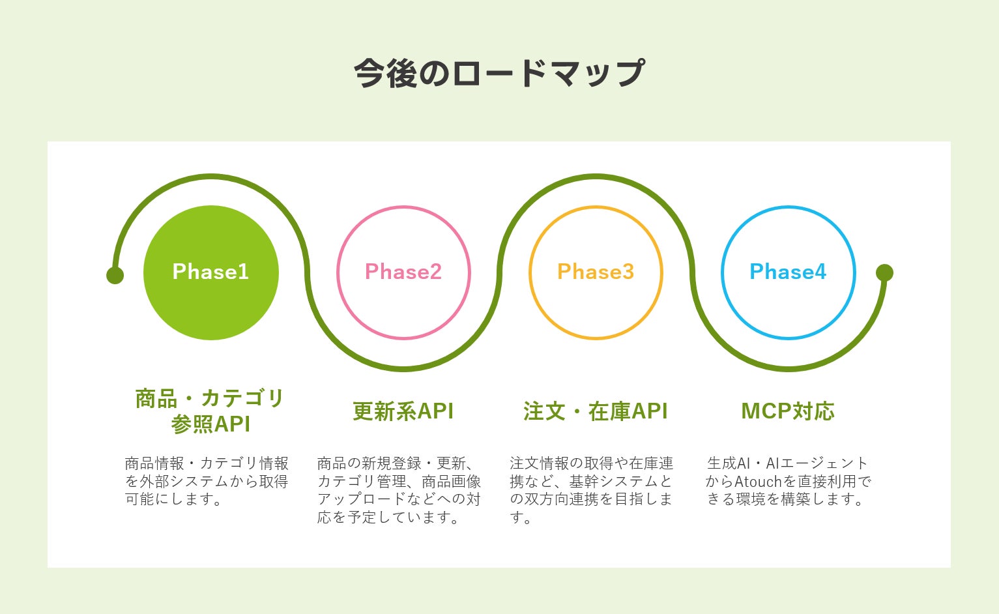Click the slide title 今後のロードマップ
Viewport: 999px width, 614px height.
(x=499, y=73)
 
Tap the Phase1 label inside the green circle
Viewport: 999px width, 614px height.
(x=210, y=271)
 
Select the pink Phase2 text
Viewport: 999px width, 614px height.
(x=403, y=271)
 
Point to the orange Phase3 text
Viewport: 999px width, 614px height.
(x=596, y=271)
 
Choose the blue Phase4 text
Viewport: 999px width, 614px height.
(x=788, y=271)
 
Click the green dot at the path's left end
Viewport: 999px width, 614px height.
(x=115, y=275)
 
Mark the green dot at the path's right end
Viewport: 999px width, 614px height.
(x=884, y=272)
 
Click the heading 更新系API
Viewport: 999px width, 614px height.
(x=403, y=411)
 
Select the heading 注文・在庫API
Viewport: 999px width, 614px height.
(x=596, y=411)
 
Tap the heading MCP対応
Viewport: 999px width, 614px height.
(x=788, y=411)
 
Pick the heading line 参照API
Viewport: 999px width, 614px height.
(x=210, y=424)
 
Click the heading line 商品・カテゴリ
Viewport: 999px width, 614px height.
(x=210, y=398)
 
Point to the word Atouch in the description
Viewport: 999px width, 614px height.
(x=758, y=482)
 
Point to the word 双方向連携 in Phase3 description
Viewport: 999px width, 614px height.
(x=562, y=499)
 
